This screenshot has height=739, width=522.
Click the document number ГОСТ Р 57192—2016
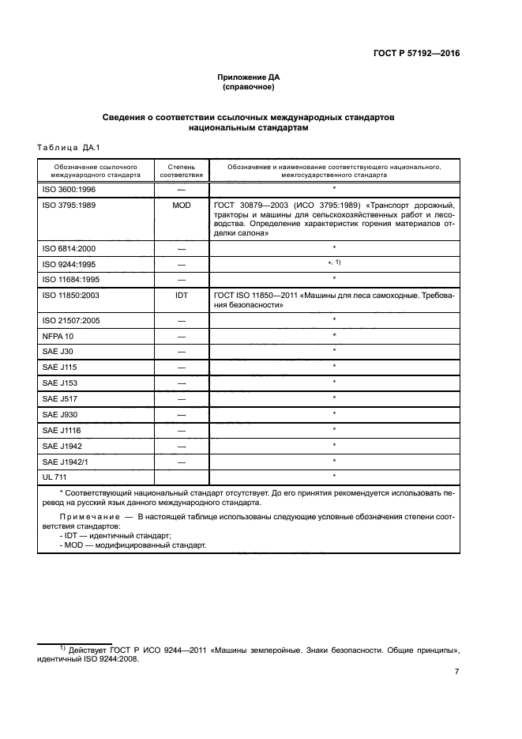tap(416, 53)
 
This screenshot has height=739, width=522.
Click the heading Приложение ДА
tap(249, 77)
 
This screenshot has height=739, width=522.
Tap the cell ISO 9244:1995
tap(67, 263)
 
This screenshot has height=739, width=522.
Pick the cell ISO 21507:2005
tap(69, 320)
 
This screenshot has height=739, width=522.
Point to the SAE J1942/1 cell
tap(64, 461)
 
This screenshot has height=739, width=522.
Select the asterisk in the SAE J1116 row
tap(334, 429)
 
